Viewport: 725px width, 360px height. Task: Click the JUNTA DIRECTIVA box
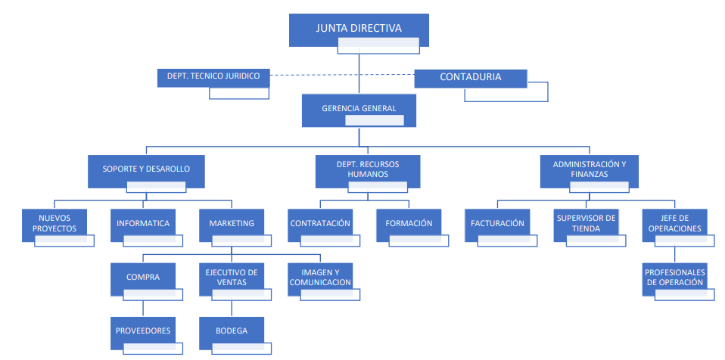click(358, 29)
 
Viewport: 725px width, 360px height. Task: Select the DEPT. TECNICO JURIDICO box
click(213, 76)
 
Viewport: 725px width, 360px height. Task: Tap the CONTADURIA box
click(470, 76)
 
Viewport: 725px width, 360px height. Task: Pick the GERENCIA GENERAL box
click(359, 108)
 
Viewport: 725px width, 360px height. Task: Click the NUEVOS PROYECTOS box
click(54, 223)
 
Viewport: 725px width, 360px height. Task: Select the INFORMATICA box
click(143, 223)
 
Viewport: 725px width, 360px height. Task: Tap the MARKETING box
click(232, 223)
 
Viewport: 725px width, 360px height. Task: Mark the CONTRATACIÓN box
click(320, 223)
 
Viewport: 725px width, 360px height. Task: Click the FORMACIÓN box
click(409, 223)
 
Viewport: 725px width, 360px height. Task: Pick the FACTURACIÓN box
click(497, 223)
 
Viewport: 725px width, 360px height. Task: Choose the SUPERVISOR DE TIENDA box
click(586, 223)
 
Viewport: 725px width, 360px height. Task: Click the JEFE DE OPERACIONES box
click(674, 223)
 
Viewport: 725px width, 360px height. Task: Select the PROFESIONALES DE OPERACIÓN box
click(674, 277)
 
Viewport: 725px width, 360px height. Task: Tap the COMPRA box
click(143, 277)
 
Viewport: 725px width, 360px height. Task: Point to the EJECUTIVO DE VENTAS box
click(232, 277)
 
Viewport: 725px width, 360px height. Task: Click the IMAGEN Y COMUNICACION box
click(320, 277)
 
